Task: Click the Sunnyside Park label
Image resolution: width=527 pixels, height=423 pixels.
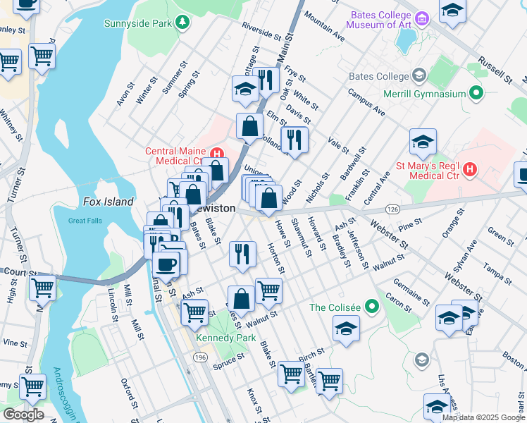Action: click(138, 23)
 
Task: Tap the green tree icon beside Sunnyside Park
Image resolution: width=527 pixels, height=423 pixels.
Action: click(182, 23)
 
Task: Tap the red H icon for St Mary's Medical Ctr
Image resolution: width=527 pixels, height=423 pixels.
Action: click(470, 170)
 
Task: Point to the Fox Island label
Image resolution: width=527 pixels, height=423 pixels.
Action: click(108, 202)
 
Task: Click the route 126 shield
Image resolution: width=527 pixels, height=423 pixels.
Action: click(394, 209)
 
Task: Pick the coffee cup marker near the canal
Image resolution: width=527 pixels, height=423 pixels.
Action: click(167, 264)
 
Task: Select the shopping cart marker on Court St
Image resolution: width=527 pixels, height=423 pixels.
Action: click(43, 288)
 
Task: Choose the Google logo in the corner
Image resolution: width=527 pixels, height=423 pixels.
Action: click(23, 415)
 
